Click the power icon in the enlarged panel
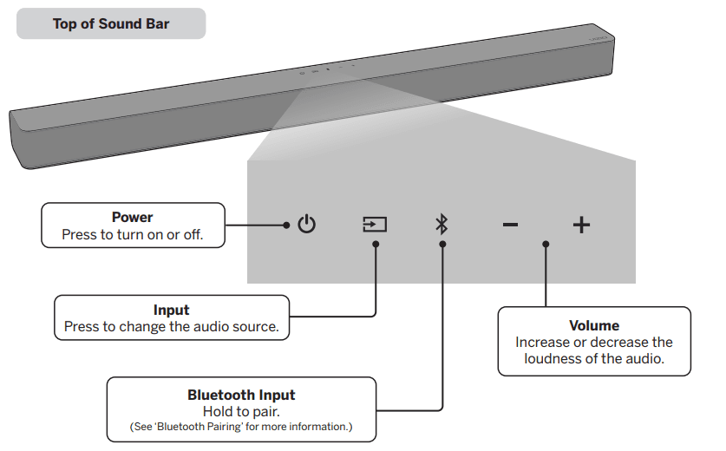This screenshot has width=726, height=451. click(306, 225)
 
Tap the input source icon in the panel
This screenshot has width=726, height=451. click(375, 225)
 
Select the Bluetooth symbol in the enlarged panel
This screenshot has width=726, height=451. click(441, 225)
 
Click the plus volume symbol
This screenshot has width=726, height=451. click(581, 225)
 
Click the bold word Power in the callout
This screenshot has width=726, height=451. click(132, 218)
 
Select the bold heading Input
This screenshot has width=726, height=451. click(171, 310)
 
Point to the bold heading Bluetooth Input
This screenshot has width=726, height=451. click(241, 395)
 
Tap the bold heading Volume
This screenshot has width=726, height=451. click(594, 325)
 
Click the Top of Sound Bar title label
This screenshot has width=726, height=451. click(111, 23)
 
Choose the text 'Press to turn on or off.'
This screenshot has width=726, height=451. click(132, 234)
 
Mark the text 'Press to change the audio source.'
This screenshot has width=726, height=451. click(171, 327)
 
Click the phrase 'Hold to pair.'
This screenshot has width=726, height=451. click(241, 411)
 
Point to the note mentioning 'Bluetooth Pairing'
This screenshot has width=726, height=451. click(241, 427)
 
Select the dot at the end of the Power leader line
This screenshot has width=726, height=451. click(286, 225)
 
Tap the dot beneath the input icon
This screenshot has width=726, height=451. click(375, 245)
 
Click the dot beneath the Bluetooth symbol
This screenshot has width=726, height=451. click(442, 245)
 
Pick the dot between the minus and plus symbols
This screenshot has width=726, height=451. click(546, 245)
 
